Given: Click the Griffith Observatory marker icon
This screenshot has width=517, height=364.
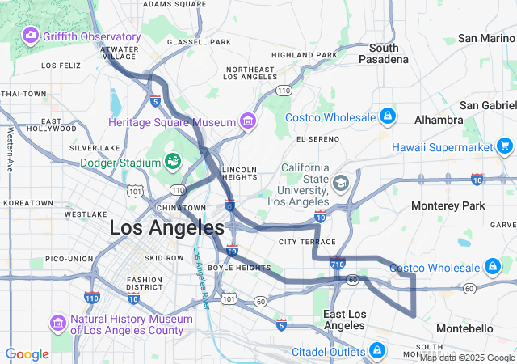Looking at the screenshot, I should [x=31, y=36].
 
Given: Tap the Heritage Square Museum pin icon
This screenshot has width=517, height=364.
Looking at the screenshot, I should [x=248, y=122].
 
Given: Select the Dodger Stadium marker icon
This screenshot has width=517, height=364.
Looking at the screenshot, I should [x=172, y=161].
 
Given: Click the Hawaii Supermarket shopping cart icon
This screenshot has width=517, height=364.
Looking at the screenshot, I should [x=506, y=146].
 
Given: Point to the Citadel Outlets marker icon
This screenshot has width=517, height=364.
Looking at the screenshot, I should [x=376, y=350].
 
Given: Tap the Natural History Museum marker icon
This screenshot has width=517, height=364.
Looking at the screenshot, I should [x=57, y=324].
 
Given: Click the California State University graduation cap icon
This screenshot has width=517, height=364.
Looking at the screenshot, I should [x=340, y=184].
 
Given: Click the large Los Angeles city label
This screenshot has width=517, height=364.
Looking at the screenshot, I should [x=166, y=227].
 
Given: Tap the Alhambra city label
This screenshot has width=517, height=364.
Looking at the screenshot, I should [x=436, y=120].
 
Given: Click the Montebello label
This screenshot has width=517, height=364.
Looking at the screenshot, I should [x=464, y=328].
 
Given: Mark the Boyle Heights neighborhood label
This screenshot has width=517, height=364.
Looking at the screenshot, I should [x=239, y=268].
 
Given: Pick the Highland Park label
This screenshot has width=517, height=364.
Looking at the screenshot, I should [x=304, y=55].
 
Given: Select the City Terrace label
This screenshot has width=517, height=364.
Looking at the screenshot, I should [x=306, y=242].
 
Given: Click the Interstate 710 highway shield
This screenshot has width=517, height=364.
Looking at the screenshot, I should [x=338, y=263].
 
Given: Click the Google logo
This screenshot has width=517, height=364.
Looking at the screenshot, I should [x=27, y=353].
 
